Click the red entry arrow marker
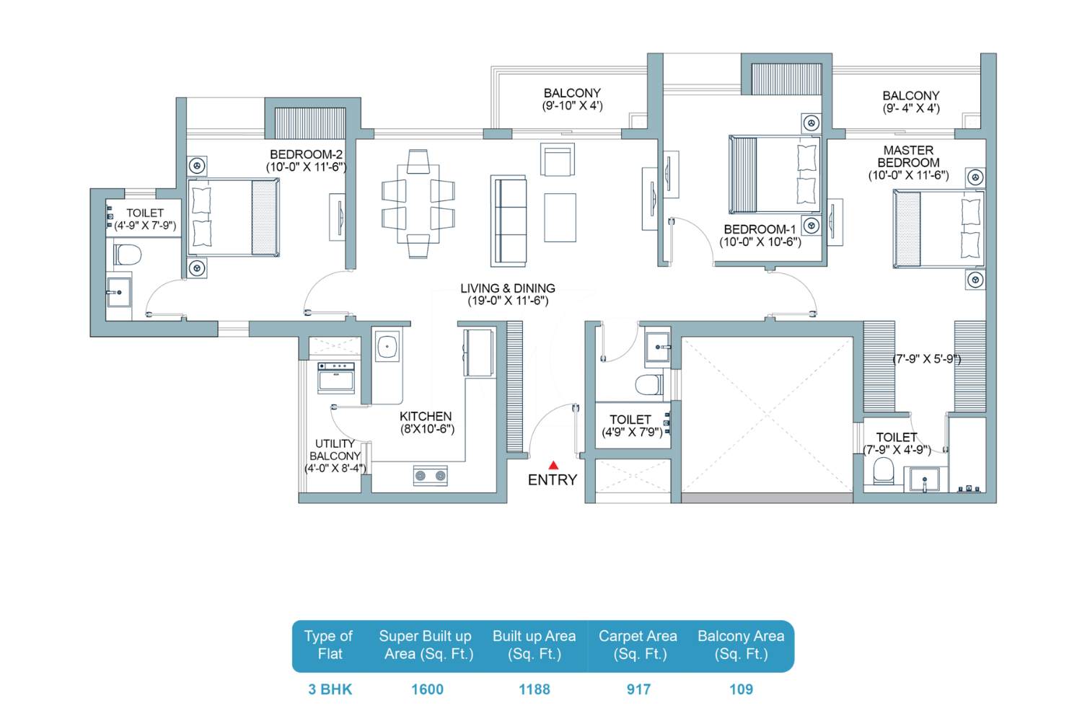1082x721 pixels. coord(553,466)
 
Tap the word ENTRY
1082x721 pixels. coord(553,480)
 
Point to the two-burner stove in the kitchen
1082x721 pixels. coord(431,476)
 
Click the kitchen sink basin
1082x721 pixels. coord(387,346)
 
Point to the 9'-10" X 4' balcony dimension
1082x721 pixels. coord(573,106)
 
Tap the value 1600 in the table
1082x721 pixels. coord(427,689)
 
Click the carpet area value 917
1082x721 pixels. coord(638,689)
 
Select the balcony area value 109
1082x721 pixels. coord(741,689)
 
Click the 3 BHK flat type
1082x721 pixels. coord(330,689)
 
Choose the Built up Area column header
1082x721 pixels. coord(535,645)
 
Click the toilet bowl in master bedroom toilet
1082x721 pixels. coord(884,471)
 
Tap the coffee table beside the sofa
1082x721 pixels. coord(560,217)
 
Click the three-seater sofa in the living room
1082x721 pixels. coord(509,221)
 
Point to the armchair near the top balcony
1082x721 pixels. coord(558,159)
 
